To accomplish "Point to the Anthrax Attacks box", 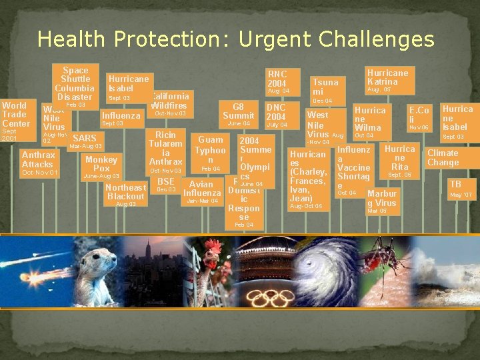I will pyautogui.click(x=37, y=160).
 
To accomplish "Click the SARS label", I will pyautogui.click(x=85, y=139).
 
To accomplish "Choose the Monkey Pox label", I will pyautogui.click(x=101, y=164).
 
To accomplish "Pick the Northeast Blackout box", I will pyautogui.click(x=126, y=192).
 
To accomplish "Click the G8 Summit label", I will pyautogui.click(x=238, y=111).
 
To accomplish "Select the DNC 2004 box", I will pyautogui.click(x=276, y=112).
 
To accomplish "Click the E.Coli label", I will pyautogui.click(x=419, y=115).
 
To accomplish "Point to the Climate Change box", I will pyautogui.click(x=443, y=158).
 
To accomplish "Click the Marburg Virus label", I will pyautogui.click(x=382, y=199).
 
